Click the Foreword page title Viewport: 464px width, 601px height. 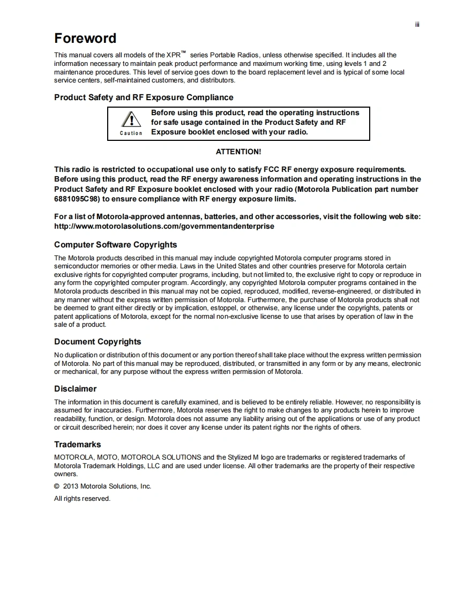click(x=85, y=39)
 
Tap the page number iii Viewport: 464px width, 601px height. click(x=417, y=25)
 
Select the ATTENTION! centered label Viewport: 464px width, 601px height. click(x=238, y=152)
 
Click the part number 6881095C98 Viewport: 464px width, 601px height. click(x=77, y=199)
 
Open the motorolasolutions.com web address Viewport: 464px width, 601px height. click(x=164, y=226)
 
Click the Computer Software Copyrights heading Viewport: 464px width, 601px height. click(x=115, y=245)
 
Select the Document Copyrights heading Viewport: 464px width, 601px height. click(x=98, y=342)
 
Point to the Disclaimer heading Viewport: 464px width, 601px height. click(x=75, y=389)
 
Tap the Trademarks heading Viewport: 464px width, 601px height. click(x=77, y=445)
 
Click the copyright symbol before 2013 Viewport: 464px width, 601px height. click(x=57, y=486)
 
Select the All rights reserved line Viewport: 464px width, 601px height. click(x=82, y=499)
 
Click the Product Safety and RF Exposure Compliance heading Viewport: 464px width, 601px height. click(x=144, y=97)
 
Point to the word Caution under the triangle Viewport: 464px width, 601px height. click(x=131, y=133)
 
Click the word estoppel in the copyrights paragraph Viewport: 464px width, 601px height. click(x=223, y=308)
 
